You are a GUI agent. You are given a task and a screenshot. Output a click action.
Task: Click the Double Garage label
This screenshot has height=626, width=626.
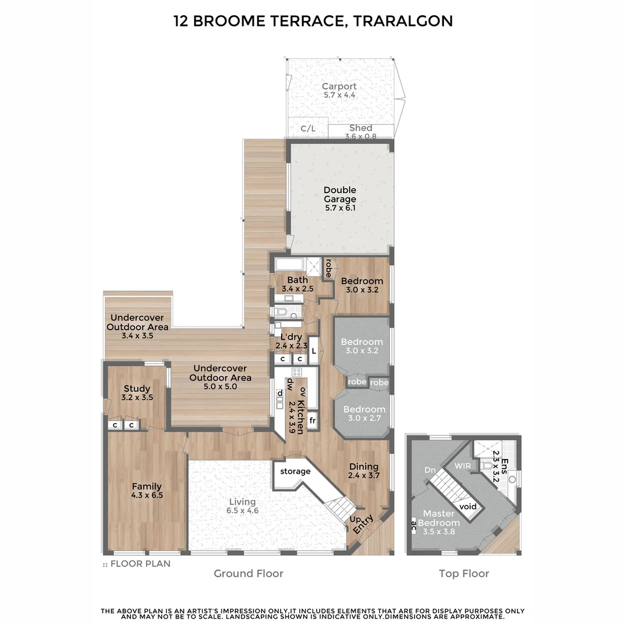point(340,195)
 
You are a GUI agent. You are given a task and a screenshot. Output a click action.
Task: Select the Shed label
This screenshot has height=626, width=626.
point(361,128)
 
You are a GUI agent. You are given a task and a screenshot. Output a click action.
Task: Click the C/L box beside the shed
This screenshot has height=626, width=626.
point(308,129)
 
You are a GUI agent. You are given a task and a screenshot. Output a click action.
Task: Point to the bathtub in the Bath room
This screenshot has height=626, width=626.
point(290,265)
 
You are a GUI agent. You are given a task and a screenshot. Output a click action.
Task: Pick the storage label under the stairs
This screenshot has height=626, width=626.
point(295,471)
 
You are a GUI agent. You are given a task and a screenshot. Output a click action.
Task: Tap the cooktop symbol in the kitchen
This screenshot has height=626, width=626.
point(297,373)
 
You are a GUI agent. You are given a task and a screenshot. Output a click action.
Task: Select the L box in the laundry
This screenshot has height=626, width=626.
point(314,351)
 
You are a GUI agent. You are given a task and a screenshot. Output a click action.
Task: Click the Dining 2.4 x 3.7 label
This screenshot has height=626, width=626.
point(363,471)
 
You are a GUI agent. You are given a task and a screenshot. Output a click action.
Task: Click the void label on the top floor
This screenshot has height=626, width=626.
point(468,507)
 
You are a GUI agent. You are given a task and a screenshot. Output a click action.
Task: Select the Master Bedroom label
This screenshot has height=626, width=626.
point(442,518)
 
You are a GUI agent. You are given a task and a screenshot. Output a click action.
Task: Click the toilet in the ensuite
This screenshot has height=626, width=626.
point(487,466)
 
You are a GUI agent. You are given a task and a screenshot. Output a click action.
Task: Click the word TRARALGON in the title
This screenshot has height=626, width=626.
point(405,21)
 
